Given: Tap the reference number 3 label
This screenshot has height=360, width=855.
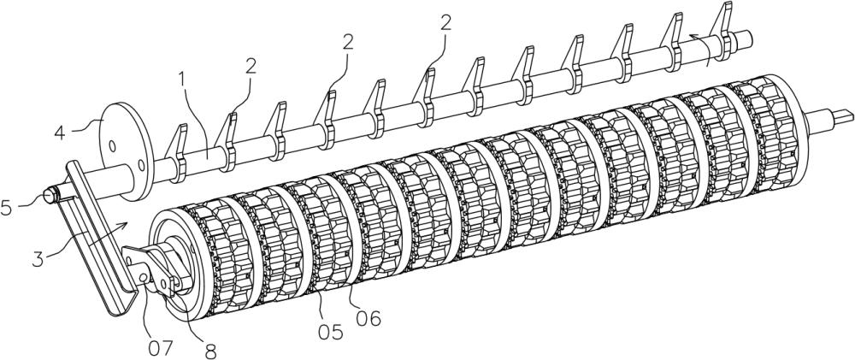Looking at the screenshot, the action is tap(38, 258).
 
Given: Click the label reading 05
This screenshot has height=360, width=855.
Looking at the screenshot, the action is tap(331, 332).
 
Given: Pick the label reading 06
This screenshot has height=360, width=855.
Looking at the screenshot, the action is tap(367, 318).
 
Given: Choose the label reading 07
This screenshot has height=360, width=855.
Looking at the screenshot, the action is tap(160, 347).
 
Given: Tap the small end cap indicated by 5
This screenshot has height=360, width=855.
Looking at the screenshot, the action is tap(50, 194).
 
